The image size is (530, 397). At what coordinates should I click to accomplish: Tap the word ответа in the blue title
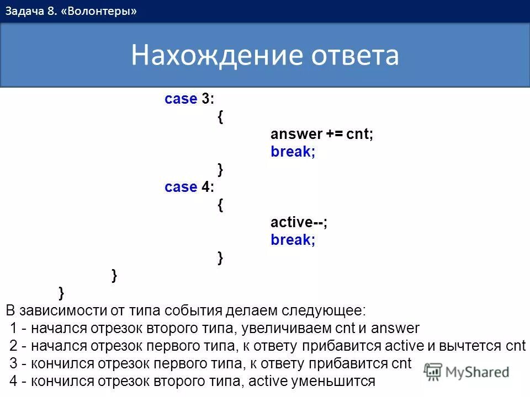[355, 56]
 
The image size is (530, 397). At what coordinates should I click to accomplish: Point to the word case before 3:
[181, 99]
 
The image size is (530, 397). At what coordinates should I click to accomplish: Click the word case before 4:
[181, 187]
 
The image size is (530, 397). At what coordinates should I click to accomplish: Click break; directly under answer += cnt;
[293, 152]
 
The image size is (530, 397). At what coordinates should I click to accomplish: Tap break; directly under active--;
[293, 240]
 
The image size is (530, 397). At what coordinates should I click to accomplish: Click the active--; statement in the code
[299, 223]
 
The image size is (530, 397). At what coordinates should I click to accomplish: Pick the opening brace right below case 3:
[221, 117]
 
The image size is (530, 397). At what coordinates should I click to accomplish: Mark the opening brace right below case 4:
[221, 205]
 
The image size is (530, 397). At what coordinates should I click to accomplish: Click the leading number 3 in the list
[14, 364]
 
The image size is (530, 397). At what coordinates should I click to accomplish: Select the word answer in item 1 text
[395, 329]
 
